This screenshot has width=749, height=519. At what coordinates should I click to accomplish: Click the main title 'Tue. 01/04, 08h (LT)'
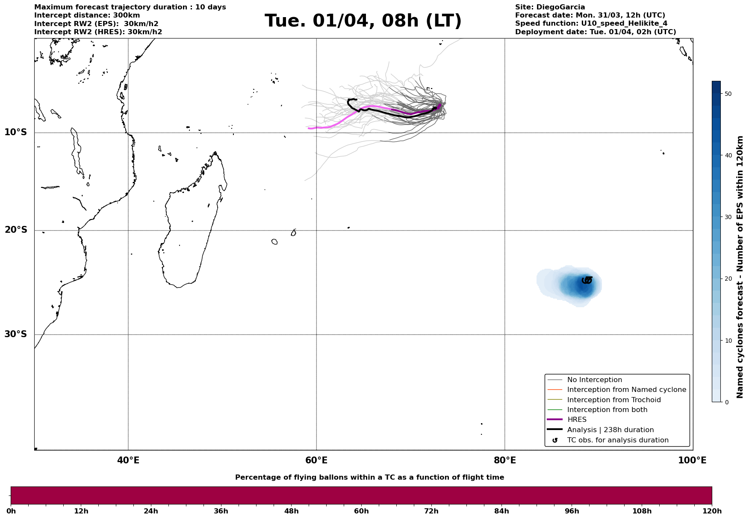(363, 21)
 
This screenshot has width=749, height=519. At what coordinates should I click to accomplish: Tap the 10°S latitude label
(16, 132)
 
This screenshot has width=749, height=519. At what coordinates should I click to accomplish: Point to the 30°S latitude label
(16, 334)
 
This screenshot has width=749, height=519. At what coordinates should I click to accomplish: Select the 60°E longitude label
(316, 460)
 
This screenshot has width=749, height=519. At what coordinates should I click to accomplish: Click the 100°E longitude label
(692, 460)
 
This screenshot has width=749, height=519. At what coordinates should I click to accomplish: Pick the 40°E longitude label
(128, 460)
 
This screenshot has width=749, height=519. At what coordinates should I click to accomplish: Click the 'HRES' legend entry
(577, 420)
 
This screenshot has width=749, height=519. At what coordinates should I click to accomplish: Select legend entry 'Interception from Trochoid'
(613, 400)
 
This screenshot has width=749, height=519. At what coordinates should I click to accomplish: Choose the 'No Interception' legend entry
(594, 380)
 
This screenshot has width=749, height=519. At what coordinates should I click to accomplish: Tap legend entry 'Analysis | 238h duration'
(610, 430)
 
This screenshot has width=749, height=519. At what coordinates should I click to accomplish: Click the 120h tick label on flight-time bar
(712, 511)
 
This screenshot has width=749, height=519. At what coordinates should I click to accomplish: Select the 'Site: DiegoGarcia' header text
(550, 7)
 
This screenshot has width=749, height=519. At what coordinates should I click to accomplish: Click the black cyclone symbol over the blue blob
(587, 280)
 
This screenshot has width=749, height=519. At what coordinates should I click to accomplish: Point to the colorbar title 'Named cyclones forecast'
(740, 267)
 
